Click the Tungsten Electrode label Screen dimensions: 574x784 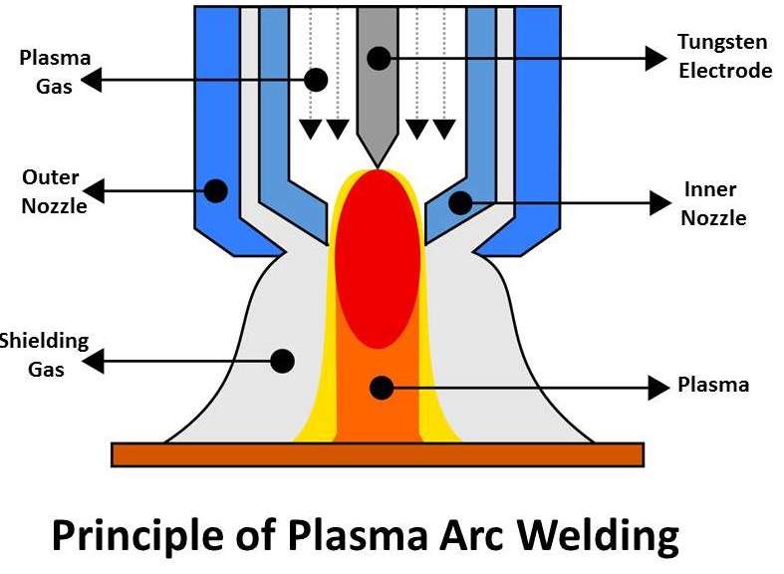(724, 57)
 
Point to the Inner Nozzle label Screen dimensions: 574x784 (713, 203)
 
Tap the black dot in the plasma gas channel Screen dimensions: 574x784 (318, 79)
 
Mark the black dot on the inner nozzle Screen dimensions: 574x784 (459, 203)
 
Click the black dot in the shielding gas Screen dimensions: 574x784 (282, 360)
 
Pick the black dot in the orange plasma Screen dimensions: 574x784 (378, 386)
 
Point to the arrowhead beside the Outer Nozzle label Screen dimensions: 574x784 (95, 187)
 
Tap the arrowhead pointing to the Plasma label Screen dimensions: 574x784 (658, 387)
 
